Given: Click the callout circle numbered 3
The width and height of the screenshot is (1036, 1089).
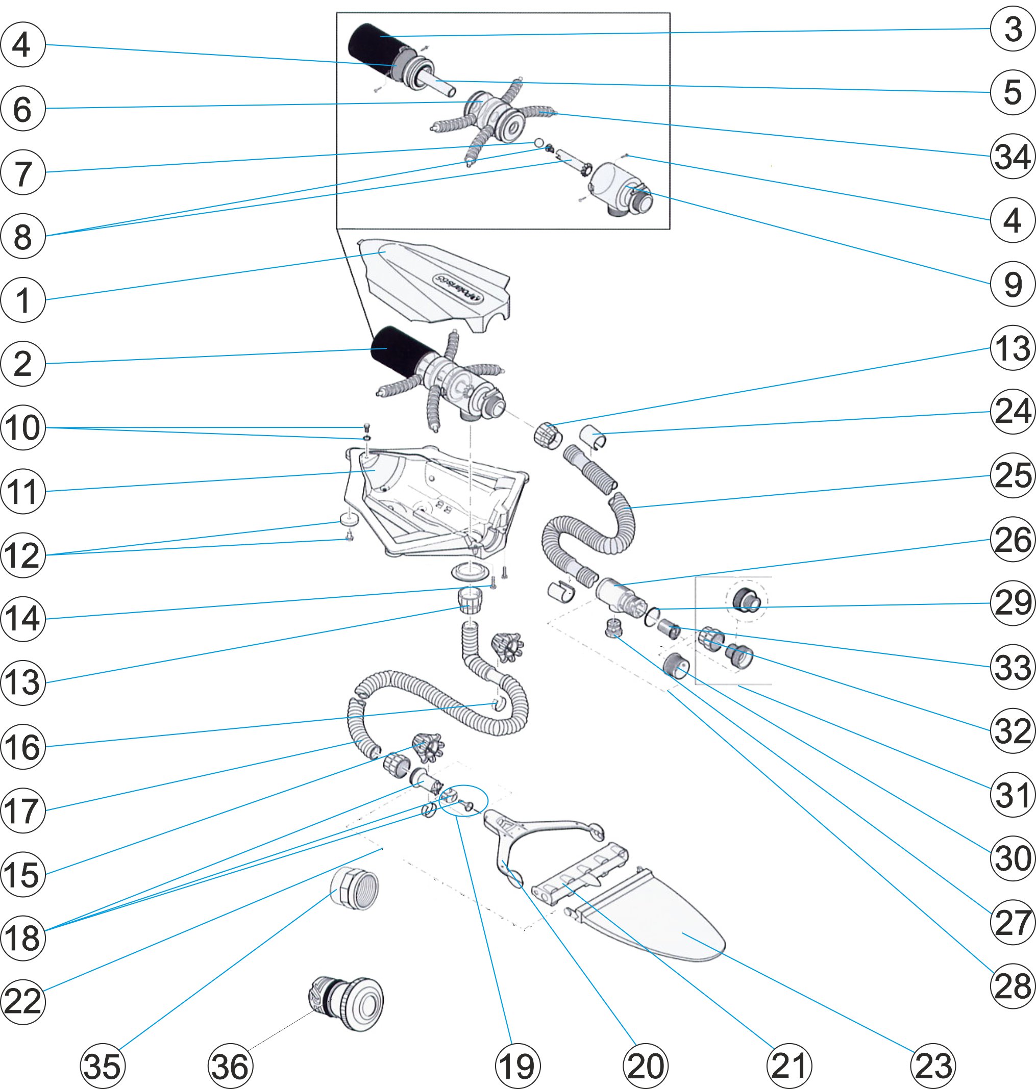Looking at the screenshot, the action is click(1012, 29).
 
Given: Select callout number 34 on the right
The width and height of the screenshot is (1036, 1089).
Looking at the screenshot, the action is click(1012, 156).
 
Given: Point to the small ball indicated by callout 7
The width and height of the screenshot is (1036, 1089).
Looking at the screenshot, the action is click(538, 143).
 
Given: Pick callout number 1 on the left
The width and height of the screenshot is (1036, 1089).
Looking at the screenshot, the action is click(22, 300).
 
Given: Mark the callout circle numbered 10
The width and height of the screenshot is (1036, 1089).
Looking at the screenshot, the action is click(22, 428).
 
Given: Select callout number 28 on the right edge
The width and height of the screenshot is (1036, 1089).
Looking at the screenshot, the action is click(1012, 986).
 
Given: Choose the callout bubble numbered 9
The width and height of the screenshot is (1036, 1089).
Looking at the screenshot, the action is click(1012, 284).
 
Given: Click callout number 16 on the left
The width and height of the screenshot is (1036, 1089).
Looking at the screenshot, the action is click(22, 747).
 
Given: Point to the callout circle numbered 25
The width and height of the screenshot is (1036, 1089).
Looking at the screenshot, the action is click(1012, 475).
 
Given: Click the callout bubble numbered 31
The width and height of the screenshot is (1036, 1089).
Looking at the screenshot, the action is click(1012, 794).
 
